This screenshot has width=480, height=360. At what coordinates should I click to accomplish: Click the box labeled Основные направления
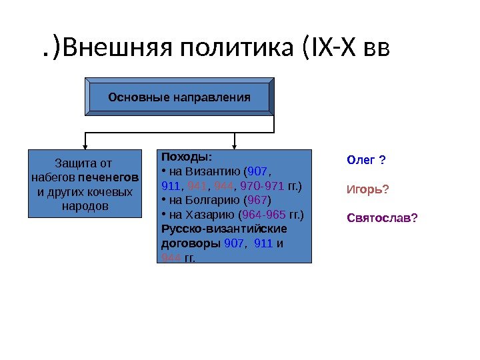click(x=179, y=97)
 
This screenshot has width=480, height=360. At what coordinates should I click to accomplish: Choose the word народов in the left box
click(x=85, y=206)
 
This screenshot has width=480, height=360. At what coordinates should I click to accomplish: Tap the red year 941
click(x=195, y=186)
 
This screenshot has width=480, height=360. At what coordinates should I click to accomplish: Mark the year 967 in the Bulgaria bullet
click(x=259, y=200)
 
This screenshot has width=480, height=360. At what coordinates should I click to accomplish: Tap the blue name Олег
click(x=361, y=160)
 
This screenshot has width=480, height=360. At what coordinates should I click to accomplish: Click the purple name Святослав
click(x=377, y=217)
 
